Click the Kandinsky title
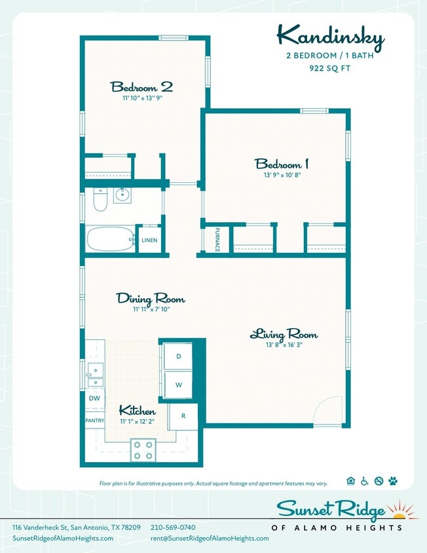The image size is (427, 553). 330,37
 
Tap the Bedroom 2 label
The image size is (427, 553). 141,86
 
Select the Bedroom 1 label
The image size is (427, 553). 282,164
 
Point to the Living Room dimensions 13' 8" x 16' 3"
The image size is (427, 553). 284,345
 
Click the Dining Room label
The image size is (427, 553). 151,299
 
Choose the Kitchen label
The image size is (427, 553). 138,411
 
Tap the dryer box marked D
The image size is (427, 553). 178,357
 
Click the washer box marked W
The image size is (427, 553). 178,385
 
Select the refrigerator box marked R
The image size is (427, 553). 183,415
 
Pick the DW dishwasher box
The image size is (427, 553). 94,398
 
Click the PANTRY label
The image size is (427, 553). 94,420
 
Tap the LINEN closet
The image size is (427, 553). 149,240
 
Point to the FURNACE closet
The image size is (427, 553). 216,239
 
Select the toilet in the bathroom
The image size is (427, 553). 100,199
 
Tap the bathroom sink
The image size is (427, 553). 122,195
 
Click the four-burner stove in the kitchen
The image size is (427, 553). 143,449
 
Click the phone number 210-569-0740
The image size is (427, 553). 173,527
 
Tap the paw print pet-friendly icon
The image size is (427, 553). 393,481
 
